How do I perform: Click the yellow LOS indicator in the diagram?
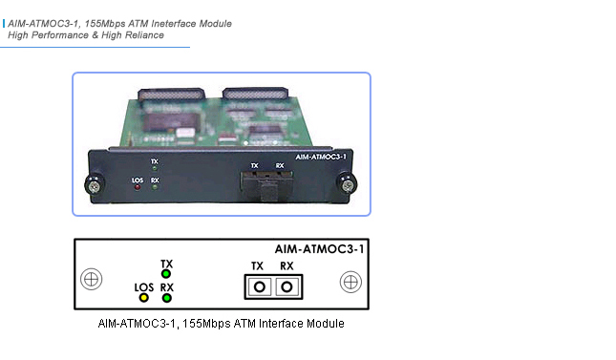[x=144, y=298]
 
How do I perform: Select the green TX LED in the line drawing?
[x=166, y=274]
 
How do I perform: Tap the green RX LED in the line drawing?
[x=166, y=298]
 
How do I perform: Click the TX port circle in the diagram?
[x=257, y=286]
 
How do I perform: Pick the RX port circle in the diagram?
[x=285, y=286]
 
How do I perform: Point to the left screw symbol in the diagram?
[x=91, y=281]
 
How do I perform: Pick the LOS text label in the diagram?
[x=144, y=286]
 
